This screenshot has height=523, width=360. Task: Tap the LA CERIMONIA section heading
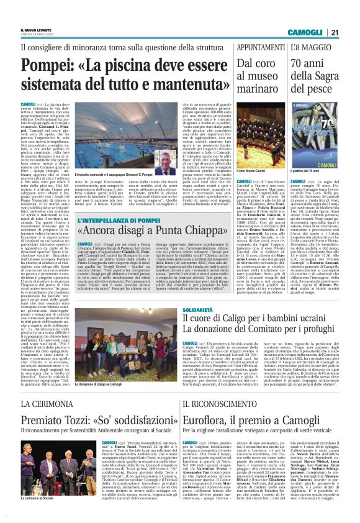click(x=43, y=404)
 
